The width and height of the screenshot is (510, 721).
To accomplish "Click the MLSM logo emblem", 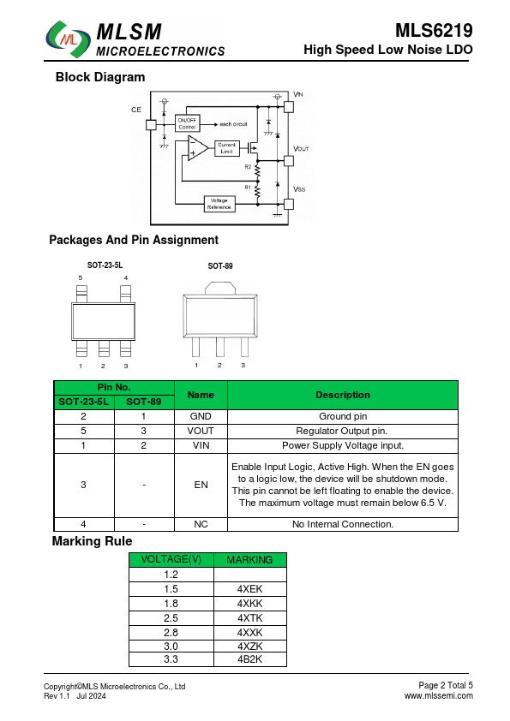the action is [68, 39].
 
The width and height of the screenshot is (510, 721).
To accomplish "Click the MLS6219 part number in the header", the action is [434, 31].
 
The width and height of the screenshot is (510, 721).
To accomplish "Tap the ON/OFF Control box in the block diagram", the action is [188, 123].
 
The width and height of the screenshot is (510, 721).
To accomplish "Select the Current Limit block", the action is [227, 148].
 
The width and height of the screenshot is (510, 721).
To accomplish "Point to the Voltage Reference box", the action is [219, 204].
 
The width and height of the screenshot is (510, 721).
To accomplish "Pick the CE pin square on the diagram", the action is [151, 125].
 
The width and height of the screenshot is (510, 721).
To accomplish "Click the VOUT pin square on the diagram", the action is [289, 160].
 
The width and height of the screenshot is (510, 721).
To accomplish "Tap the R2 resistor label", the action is [248, 167].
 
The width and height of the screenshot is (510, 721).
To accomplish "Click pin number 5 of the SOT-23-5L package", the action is [81, 277].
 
